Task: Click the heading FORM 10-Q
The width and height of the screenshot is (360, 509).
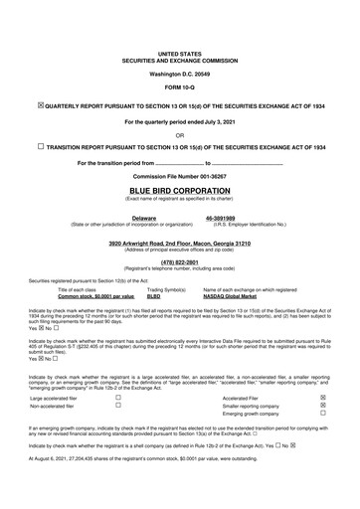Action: [x=179, y=87]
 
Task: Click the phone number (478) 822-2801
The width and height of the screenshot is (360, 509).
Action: [x=179, y=262]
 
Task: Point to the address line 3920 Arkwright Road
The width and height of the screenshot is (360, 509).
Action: [x=179, y=242]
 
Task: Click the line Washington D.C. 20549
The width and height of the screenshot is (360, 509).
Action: [x=179, y=74]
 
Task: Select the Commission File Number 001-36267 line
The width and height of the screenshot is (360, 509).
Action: [x=179, y=175]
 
